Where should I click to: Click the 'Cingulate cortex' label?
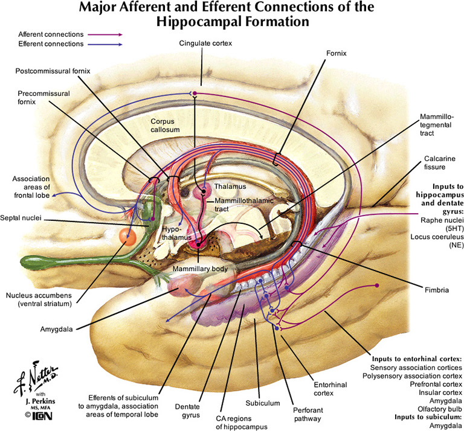[205, 43]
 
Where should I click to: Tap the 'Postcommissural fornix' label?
[53, 71]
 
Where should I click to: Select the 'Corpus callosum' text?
[166, 126]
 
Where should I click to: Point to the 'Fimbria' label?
[436, 290]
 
